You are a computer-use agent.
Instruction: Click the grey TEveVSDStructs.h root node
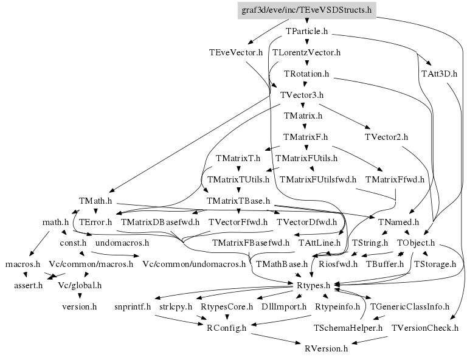(x=306, y=10)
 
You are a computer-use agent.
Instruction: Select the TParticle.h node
(x=306, y=30)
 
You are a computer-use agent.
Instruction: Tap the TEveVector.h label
(x=235, y=52)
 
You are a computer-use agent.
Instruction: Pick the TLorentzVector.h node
(x=306, y=52)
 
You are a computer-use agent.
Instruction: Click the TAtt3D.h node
(x=439, y=74)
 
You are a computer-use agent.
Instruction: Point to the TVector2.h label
(x=387, y=137)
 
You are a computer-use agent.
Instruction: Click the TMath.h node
(x=95, y=200)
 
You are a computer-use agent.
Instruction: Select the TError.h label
(x=96, y=222)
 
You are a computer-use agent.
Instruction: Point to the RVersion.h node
(x=327, y=348)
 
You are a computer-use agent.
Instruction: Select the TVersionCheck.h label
(x=424, y=328)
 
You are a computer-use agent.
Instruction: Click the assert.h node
(x=29, y=285)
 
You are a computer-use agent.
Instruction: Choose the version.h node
(x=80, y=306)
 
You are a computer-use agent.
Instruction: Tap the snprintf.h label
(x=132, y=306)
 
